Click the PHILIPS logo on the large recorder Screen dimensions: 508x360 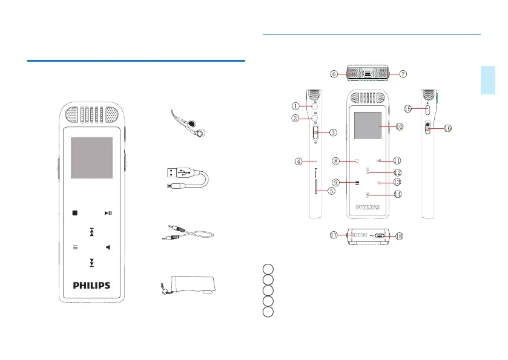92,286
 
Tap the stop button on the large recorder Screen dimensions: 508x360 75,213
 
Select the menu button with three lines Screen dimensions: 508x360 75,247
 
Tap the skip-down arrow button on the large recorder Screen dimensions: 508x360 91,263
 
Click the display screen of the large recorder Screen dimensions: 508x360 91,158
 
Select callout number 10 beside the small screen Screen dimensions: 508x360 399,127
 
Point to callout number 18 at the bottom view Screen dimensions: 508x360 398,236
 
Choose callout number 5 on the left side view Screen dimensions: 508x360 331,191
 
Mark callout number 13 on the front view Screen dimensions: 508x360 397,182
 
